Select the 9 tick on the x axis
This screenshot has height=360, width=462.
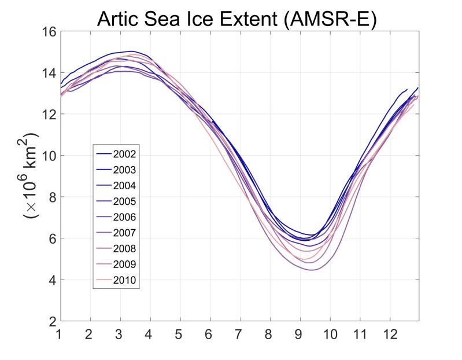coord(300,335)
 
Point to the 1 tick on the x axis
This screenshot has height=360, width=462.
coord(60,335)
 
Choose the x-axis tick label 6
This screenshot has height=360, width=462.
coord(210,335)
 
